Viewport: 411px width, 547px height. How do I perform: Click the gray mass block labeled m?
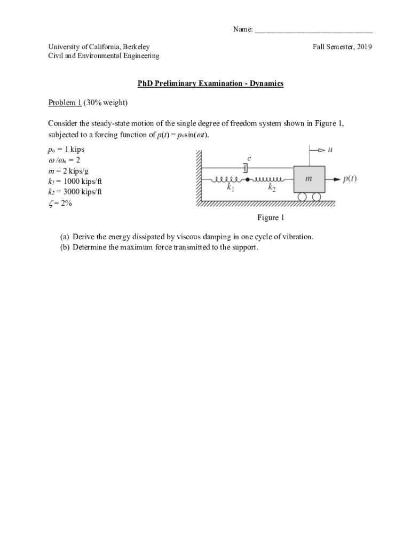(309, 179)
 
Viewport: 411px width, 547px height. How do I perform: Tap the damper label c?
(249, 158)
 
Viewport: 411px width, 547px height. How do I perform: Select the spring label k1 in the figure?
(231, 187)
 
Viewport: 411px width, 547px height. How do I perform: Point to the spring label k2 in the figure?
(272, 188)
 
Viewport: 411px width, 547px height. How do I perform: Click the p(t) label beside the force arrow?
(350, 178)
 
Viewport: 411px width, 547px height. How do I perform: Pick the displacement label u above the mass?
(330, 150)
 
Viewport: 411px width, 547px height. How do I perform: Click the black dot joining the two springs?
(247, 179)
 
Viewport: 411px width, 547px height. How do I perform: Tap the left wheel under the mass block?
(302, 197)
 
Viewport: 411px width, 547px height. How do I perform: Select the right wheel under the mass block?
(317, 197)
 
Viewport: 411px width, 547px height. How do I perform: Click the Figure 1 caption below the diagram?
(271, 217)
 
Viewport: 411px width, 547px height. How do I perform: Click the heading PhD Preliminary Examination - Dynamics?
(210, 83)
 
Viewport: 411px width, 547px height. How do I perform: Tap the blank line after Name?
(313, 29)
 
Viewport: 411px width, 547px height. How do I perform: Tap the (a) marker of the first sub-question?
(64, 236)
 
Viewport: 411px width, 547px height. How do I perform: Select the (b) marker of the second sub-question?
(64, 247)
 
